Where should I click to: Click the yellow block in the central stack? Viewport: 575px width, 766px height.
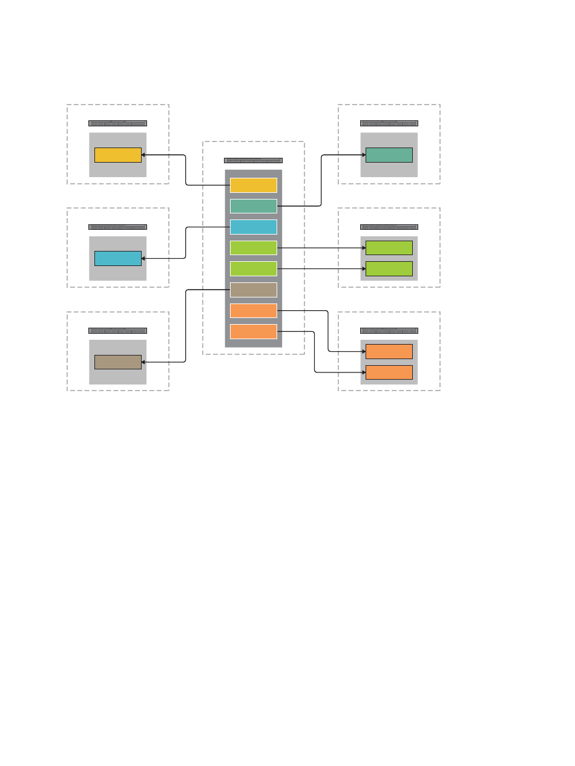(254, 185)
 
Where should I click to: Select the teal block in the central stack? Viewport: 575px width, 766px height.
(254, 206)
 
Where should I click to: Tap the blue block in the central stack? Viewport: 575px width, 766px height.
(254, 227)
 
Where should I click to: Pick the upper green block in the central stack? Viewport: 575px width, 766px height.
(254, 248)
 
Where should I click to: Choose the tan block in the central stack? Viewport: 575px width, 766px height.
(254, 290)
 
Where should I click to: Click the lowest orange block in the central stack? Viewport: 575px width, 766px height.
(254, 331)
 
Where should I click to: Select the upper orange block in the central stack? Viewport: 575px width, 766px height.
(254, 311)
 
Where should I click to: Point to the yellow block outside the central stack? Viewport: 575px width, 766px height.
(118, 155)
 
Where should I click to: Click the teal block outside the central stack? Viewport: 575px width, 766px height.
(389, 155)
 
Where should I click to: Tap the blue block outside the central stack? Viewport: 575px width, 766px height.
(118, 258)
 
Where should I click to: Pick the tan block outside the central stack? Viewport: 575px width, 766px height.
(118, 362)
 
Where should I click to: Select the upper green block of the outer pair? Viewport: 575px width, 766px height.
(389, 248)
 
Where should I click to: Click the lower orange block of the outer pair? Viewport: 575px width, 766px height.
(389, 372)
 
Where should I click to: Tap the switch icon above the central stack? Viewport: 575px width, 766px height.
(253, 160)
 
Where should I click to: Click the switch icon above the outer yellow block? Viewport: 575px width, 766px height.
(117, 123)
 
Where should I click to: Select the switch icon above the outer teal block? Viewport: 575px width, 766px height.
(389, 123)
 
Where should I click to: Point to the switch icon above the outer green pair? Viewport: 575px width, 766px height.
(389, 227)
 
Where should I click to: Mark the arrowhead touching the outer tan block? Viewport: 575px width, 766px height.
(143, 362)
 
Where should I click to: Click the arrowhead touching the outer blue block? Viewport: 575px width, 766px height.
(143, 258)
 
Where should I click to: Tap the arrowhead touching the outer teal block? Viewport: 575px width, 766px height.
(363, 155)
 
